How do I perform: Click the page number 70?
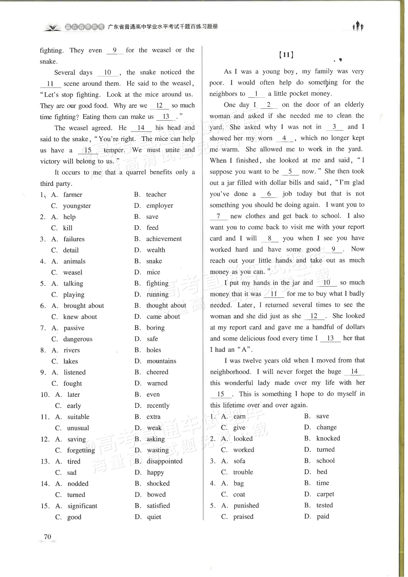pos(48,537)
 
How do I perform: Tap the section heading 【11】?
pos(286,55)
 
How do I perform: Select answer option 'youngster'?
pos(77,206)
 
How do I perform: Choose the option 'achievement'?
pos(164,239)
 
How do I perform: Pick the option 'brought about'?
pos(84,306)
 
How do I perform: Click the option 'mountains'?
pos(162,361)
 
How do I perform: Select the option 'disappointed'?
pos(165,461)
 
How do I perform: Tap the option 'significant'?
pos(82,506)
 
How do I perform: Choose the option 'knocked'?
pos(328,438)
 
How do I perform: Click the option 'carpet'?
pos(325,494)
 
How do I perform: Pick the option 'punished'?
pos(246,505)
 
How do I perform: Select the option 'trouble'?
pos(243,472)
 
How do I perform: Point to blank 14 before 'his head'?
pos(141,128)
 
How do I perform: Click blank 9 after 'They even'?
pos(115,50)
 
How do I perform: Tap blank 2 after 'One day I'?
pos(269,105)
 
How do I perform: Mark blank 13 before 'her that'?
pos(330,338)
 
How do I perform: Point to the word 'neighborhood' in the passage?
pos(230,372)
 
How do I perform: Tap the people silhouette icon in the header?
pos(358,26)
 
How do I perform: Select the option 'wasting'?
pos(158,450)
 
